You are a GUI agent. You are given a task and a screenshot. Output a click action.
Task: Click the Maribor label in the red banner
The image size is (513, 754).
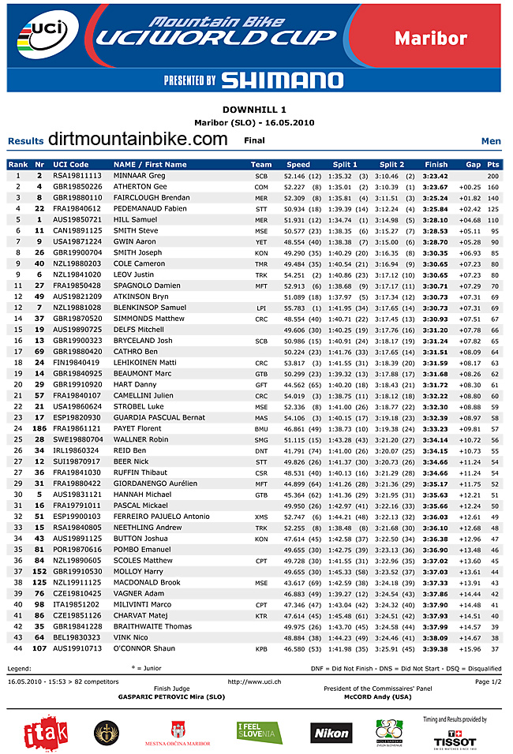tap(431, 36)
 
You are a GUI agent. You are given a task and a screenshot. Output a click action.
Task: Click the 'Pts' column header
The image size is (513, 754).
tap(493, 164)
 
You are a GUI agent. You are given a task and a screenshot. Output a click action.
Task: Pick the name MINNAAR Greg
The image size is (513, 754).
tap(140, 175)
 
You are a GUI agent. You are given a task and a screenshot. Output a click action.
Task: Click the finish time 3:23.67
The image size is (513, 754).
tap(435, 186)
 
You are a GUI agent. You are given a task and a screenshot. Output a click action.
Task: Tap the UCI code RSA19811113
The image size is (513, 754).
tap(77, 175)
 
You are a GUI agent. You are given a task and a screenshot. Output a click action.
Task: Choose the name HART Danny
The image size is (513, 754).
tap(135, 384)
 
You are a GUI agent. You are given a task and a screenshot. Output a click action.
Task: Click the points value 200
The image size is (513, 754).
tap(493, 175)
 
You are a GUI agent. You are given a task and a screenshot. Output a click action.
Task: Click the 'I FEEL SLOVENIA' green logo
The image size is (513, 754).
tap(260, 733)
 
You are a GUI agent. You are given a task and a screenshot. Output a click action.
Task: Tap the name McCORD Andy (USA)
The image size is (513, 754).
tap(378, 697)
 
